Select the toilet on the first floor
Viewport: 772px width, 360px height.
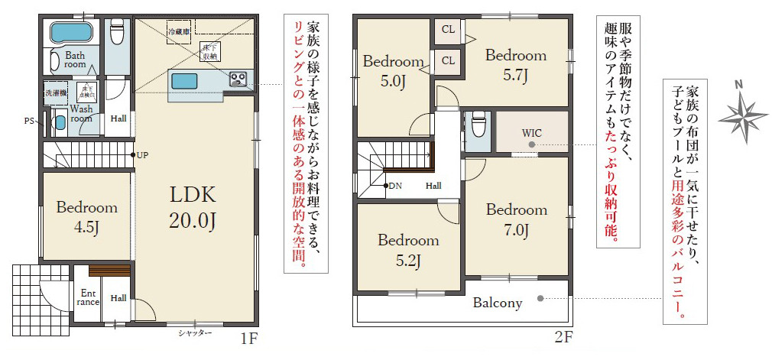(x=117, y=34)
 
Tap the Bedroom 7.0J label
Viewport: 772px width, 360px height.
(x=516, y=219)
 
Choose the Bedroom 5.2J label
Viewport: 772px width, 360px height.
(x=408, y=250)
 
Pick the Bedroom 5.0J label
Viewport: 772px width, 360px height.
(x=393, y=70)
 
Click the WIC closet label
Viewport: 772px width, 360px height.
(x=532, y=132)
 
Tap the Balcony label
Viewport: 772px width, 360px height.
(x=497, y=303)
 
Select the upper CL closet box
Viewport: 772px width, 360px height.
(x=448, y=31)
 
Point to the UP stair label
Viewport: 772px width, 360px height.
(x=142, y=155)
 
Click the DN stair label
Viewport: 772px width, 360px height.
(x=394, y=186)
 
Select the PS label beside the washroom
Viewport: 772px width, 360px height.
(x=29, y=121)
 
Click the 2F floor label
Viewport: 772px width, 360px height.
(x=564, y=337)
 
